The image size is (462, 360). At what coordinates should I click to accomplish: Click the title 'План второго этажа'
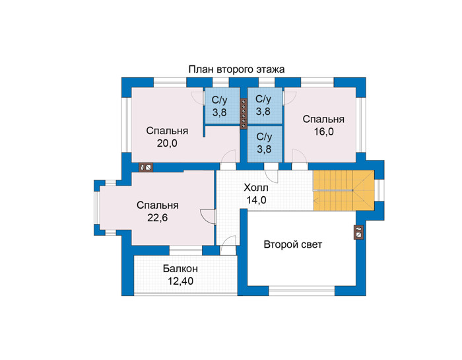236,69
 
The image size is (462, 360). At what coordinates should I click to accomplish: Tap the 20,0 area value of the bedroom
167,143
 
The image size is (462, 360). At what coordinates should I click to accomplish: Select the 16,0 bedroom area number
323,132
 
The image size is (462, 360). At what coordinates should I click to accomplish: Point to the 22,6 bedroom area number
158,217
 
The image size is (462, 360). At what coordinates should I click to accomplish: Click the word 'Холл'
256,188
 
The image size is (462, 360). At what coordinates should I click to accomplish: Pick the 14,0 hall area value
256,200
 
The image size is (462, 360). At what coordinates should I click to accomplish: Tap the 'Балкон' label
180,269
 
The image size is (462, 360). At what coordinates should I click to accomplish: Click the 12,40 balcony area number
181,281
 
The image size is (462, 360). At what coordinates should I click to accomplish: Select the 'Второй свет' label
293,244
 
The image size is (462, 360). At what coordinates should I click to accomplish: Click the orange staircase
344,190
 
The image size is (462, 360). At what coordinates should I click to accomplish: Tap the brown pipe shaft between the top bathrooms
244,114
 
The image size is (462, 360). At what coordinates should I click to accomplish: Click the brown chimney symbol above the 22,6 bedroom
146,168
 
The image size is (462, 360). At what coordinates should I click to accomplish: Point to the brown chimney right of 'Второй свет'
358,233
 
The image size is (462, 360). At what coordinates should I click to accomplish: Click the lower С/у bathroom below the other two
265,144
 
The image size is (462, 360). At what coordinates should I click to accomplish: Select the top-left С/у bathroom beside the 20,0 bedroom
222,106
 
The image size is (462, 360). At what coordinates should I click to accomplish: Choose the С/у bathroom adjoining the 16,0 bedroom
265,106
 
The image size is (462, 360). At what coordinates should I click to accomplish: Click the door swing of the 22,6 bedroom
209,217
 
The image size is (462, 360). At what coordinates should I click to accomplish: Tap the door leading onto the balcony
228,245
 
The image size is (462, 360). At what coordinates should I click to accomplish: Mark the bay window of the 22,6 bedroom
97,207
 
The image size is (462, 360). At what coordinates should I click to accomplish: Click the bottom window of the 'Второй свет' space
302,291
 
